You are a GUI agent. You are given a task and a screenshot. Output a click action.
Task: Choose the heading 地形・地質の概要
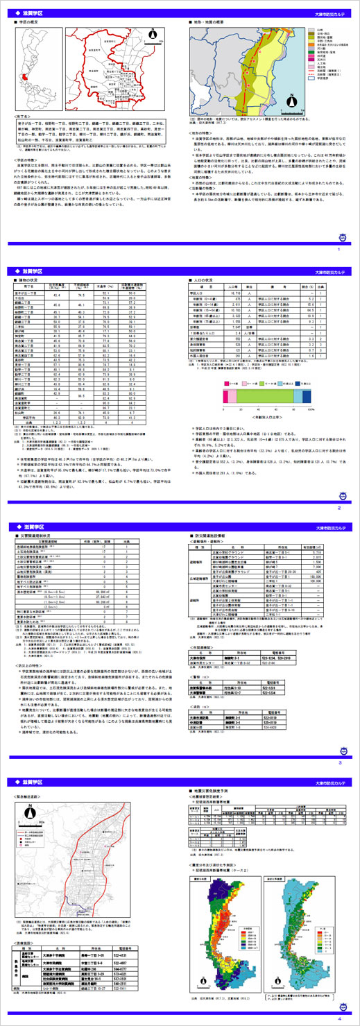[x=216, y=22]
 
